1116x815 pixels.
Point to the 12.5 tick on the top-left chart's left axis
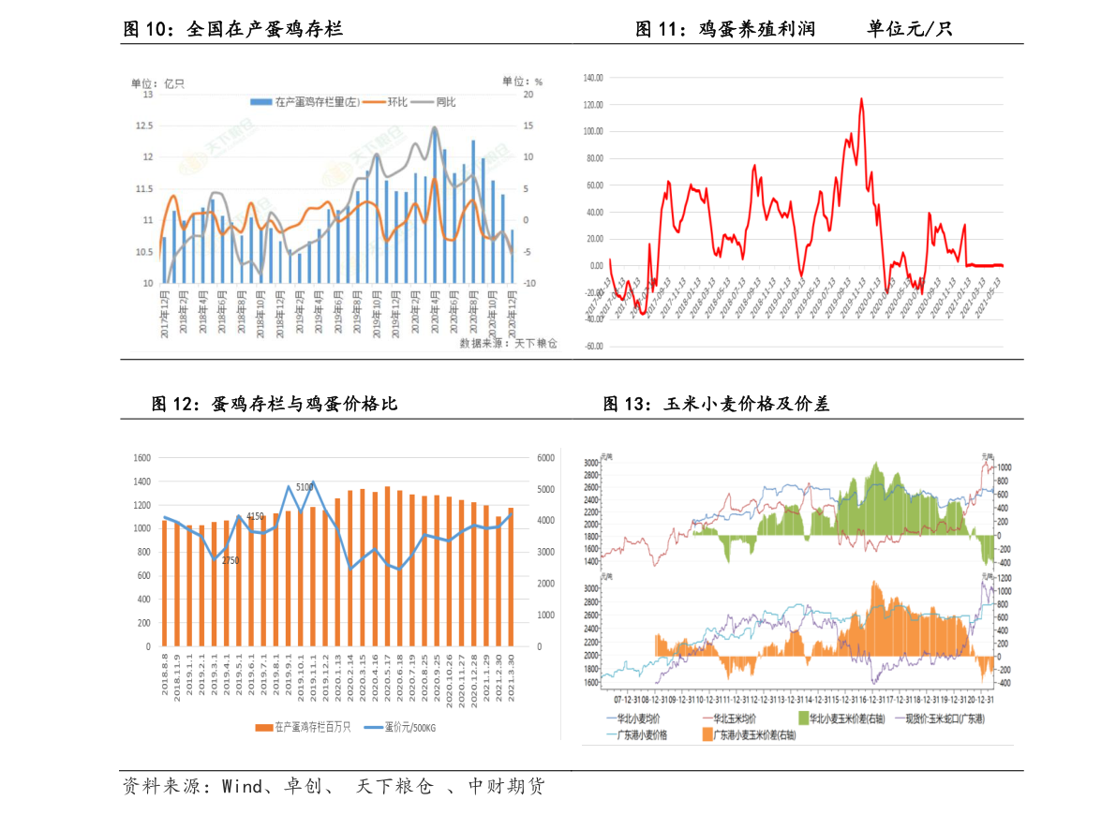click(x=144, y=126)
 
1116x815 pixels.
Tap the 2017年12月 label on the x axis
click(x=165, y=318)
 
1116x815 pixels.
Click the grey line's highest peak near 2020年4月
click(x=435, y=127)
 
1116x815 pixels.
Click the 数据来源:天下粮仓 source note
click(x=508, y=344)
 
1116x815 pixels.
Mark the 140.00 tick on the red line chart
click(x=592, y=78)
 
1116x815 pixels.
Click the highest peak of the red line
click(x=861, y=98)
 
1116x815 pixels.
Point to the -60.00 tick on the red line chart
click(x=592, y=347)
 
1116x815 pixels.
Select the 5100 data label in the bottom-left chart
click(x=305, y=487)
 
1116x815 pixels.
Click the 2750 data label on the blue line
click(x=231, y=560)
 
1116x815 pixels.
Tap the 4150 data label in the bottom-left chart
click(x=255, y=516)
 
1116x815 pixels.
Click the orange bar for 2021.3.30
click(x=511, y=576)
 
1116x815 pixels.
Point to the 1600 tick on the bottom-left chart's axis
click(x=141, y=458)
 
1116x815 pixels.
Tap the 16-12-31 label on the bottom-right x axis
click(x=873, y=699)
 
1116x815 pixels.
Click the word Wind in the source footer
click(x=242, y=787)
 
